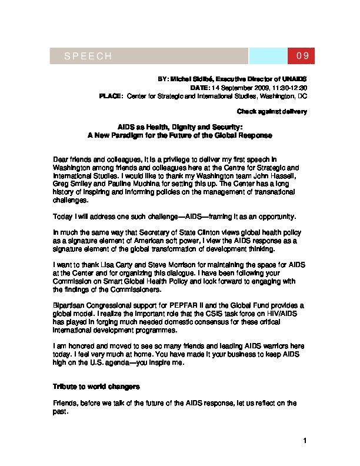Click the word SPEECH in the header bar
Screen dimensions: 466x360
pyautogui.click(x=88, y=56)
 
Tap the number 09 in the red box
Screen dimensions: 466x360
pyautogui.click(x=302, y=56)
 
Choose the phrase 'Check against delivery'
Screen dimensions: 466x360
pyautogui.click(x=272, y=111)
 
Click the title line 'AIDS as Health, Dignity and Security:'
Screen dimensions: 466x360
pyautogui.click(x=179, y=127)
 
